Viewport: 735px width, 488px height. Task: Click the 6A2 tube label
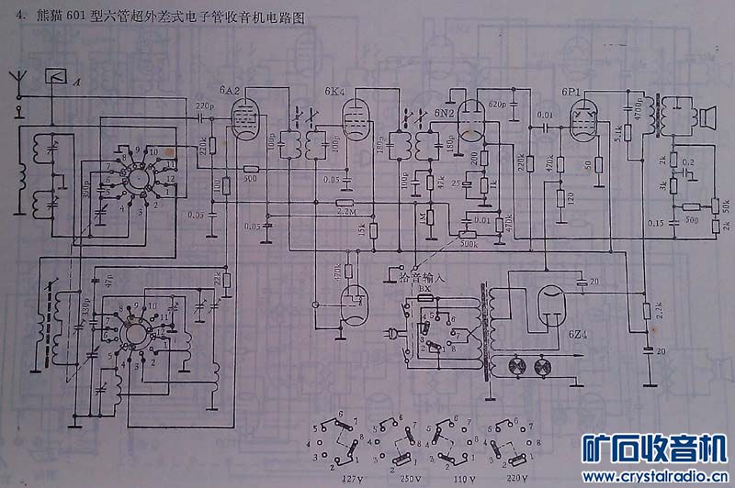(230, 92)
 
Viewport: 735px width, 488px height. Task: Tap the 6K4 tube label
(335, 92)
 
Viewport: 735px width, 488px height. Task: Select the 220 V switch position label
(516, 478)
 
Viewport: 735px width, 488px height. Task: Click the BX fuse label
(424, 288)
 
